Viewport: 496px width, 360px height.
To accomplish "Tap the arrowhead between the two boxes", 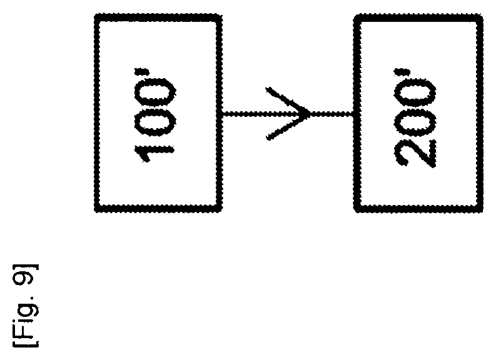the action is tap(288, 113).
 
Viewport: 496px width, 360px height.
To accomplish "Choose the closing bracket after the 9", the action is tap(26, 266).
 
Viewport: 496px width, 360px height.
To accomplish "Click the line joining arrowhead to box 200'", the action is tap(332, 114).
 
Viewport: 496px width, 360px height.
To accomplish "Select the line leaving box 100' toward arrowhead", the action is tap(243, 114).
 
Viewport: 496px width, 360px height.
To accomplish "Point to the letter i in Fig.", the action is tap(26, 319).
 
